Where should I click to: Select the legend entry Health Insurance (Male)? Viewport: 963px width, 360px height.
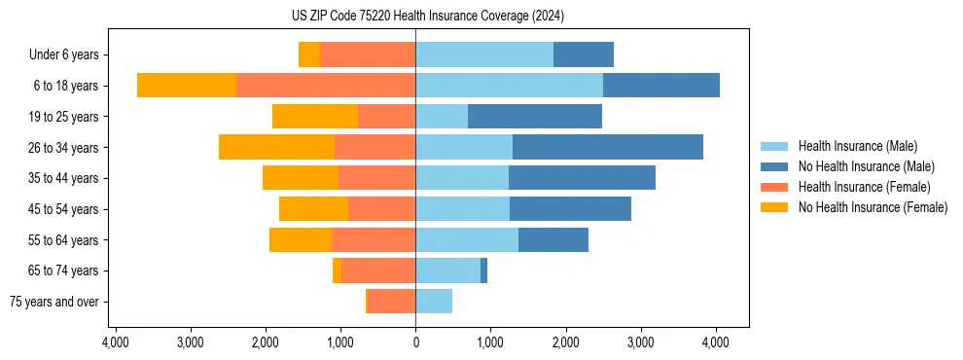coord(855,146)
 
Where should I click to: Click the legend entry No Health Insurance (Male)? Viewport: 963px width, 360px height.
coord(865,166)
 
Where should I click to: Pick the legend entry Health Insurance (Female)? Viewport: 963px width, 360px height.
coord(858,187)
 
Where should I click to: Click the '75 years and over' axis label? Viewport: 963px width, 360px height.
coord(53,302)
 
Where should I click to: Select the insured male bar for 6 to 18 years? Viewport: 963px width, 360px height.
coord(509,86)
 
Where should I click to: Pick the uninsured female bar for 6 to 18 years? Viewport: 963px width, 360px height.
coord(187,86)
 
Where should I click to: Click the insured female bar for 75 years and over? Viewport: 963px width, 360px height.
coord(390,302)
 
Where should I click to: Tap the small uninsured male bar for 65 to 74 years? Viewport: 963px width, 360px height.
coord(483,270)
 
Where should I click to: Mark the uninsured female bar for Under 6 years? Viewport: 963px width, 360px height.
coord(309,54)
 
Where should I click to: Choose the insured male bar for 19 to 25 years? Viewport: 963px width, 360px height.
coord(442,117)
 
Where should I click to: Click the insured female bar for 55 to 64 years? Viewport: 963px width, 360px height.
coord(374,239)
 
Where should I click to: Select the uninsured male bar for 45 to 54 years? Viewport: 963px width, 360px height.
coord(570,209)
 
